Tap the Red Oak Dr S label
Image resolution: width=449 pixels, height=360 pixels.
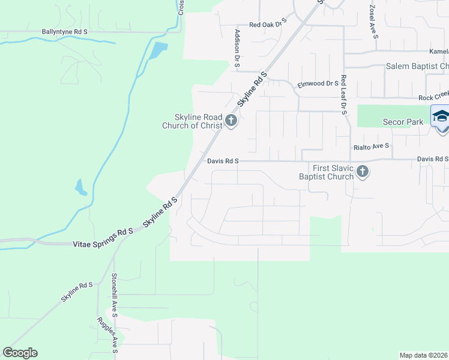coord(268,25)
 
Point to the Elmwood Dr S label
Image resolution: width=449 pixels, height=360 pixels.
coord(318,84)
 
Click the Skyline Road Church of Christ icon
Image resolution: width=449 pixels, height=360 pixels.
coord(231,122)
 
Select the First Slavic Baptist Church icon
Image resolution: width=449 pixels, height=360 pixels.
coord(362,172)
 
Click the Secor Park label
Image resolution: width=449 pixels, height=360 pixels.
coord(403,122)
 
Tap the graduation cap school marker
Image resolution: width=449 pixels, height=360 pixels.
coord(441,116)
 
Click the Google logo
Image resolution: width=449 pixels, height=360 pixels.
coord(20,353)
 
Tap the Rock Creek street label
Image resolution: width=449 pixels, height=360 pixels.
coord(433,97)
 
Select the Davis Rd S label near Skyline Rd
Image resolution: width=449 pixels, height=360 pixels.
coord(223,161)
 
